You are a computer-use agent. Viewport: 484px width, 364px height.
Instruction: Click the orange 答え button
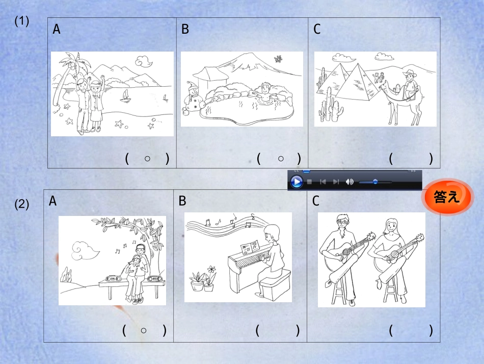(447, 197)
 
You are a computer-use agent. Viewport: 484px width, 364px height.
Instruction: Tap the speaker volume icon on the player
(349, 182)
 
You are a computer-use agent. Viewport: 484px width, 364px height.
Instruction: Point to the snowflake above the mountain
(278, 59)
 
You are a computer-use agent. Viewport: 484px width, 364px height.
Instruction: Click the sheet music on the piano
(250, 248)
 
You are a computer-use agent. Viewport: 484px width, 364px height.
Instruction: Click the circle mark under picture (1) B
(281, 159)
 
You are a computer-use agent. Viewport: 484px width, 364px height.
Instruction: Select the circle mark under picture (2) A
(144, 331)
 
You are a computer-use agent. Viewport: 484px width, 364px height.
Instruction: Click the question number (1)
(21, 21)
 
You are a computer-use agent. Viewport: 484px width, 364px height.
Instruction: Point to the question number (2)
(21, 204)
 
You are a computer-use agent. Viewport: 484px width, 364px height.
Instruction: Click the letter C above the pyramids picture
(317, 29)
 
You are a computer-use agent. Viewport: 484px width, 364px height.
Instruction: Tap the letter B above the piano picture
(182, 201)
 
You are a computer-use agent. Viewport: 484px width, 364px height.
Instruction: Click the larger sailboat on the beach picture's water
(125, 96)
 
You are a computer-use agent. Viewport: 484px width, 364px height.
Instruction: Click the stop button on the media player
(310, 182)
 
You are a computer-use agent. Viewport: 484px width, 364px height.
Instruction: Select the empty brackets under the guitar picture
(411, 331)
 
